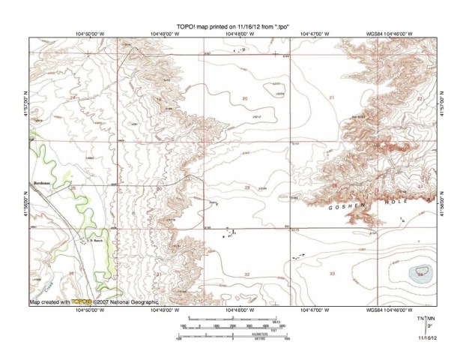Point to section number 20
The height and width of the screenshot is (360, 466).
coord(244,98)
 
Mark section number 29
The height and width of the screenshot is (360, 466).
coord(246,186)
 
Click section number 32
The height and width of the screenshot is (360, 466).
coord(246,274)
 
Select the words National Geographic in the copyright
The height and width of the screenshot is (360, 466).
coord(135,301)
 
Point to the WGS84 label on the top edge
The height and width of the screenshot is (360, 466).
coord(375,34)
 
